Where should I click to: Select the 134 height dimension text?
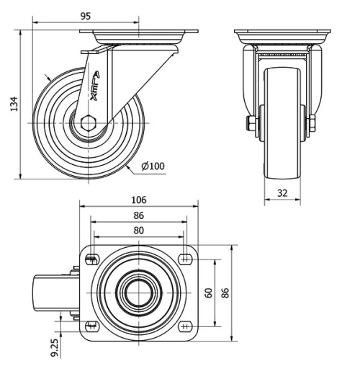12,105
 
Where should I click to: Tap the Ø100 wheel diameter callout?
153,166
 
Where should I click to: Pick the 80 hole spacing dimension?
139,231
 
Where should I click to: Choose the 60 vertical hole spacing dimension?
207,293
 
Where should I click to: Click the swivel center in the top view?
138,293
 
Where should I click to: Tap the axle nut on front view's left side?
249,124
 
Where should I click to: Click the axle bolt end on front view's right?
312,124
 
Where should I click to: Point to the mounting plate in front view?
282,34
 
